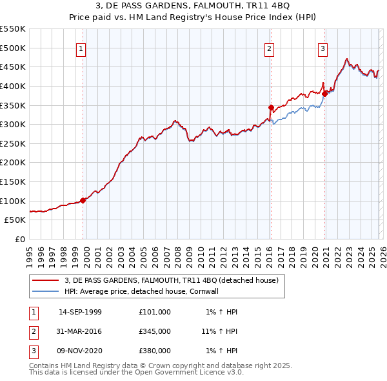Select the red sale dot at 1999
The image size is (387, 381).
[x=83, y=200]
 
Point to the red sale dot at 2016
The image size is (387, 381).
[x=271, y=107]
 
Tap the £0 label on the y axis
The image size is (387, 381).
[x=20, y=239]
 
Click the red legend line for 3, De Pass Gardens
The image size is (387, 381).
[x=46, y=280]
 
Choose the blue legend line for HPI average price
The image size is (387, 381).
[x=46, y=291]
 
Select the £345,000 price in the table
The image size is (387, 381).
[x=154, y=331]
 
